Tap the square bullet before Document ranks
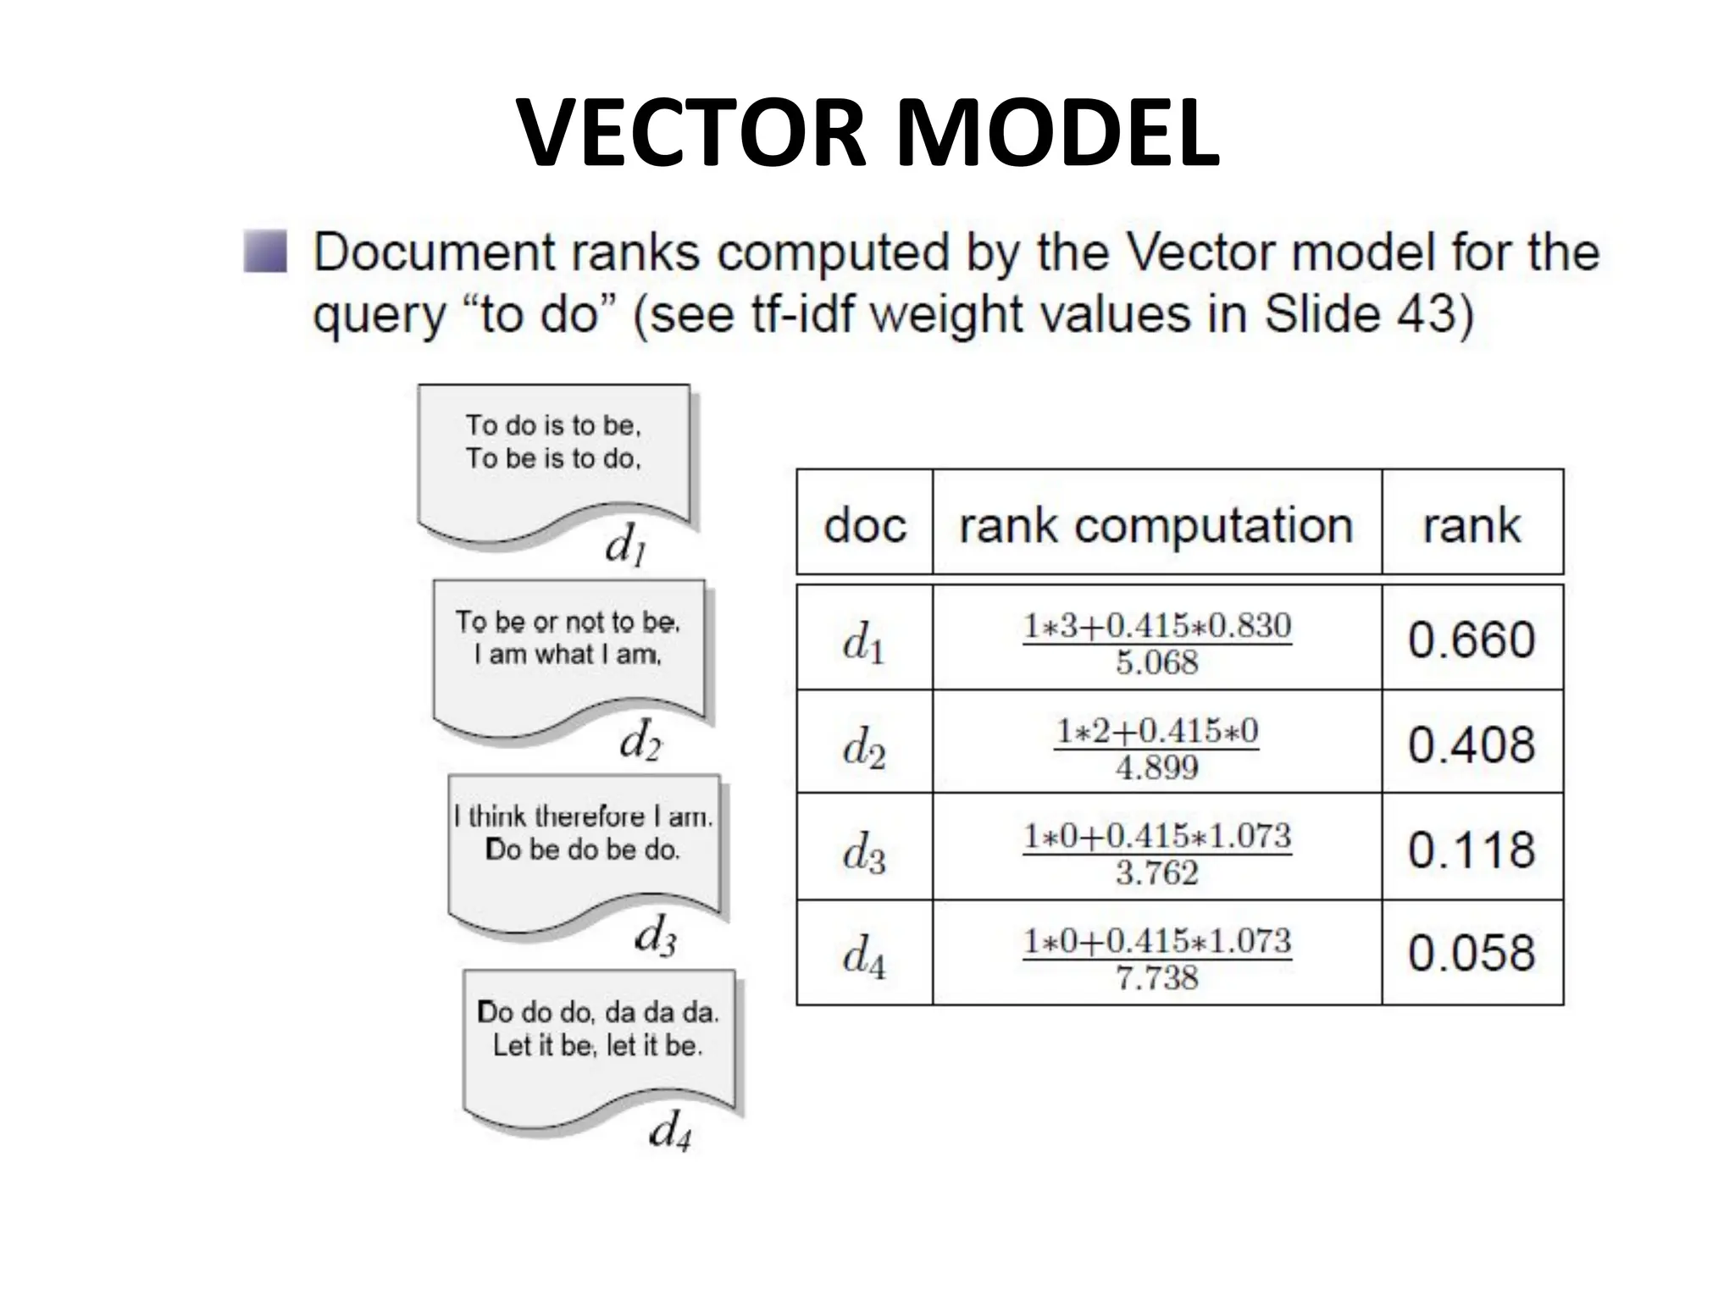(265, 252)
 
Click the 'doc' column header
(864, 524)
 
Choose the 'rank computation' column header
(1156, 524)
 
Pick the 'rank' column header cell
(1472, 524)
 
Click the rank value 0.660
(1472, 639)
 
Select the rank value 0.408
(1472, 744)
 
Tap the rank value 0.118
(1472, 849)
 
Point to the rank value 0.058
(1472, 953)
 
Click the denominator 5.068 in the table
(1156, 662)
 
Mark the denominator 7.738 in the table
(1156, 977)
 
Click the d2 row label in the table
(863, 745)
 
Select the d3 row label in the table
(863, 850)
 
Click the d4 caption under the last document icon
(669, 1131)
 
